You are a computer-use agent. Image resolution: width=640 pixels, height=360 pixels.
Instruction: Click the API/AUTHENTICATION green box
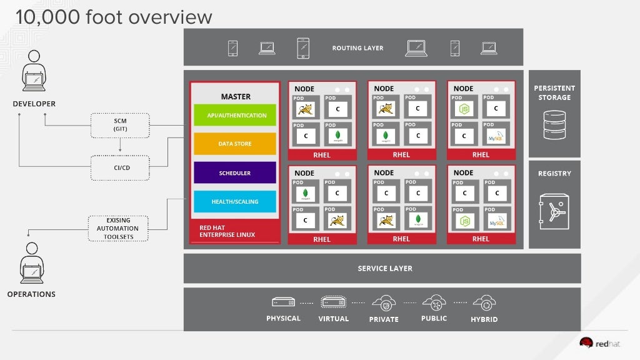[234, 115]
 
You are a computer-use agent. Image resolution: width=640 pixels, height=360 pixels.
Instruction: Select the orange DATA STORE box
[234, 144]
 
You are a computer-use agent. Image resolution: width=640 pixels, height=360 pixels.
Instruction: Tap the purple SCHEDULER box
[234, 172]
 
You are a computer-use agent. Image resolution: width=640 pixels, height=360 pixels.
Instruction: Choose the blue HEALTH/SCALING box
[234, 201]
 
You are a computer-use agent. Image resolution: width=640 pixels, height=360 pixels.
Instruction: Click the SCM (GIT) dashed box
[120, 125]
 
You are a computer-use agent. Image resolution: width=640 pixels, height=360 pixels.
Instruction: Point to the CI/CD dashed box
[120, 167]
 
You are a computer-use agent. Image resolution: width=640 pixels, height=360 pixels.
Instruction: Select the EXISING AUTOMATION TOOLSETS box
[117, 228]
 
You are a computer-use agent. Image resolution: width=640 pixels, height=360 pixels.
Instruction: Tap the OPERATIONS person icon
[32, 263]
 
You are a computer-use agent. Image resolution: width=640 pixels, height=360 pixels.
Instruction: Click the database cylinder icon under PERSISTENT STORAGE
[554, 125]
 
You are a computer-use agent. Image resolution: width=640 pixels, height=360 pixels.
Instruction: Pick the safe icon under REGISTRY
[554, 211]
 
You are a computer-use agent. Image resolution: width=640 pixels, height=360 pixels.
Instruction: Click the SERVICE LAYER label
[385, 268]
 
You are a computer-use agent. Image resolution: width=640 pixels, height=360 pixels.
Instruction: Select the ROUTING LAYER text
[357, 48]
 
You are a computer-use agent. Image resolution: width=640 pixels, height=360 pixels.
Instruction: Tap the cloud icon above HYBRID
[484, 303]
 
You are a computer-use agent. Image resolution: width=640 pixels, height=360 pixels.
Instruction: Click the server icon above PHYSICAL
[283, 302]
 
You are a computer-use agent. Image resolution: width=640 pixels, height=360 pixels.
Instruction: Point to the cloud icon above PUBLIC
[434, 303]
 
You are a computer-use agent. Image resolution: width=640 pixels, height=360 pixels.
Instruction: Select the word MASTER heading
[236, 96]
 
